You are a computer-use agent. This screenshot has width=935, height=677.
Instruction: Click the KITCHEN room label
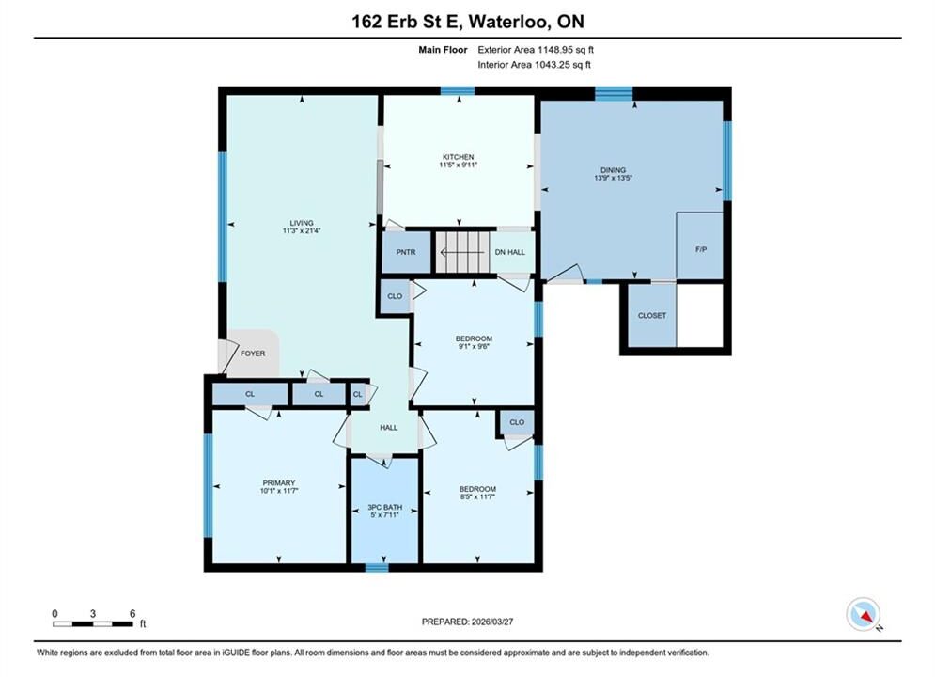click(x=458, y=157)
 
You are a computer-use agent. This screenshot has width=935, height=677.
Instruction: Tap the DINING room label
click(x=613, y=170)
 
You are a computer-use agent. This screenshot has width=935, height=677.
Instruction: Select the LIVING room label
click(x=302, y=223)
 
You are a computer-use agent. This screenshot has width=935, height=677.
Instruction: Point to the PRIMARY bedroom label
click(x=279, y=483)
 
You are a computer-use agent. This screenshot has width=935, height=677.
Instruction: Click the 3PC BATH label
click(x=384, y=508)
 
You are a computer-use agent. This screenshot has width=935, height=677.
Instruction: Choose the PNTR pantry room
click(x=406, y=252)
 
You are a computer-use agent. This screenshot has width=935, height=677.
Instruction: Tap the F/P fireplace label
click(x=701, y=249)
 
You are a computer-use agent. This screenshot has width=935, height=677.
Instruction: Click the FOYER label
click(x=253, y=354)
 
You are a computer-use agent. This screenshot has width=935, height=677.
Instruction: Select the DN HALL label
click(x=510, y=252)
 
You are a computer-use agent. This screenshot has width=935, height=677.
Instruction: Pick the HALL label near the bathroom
click(x=389, y=428)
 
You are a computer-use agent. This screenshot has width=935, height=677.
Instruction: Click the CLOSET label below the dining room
click(x=652, y=316)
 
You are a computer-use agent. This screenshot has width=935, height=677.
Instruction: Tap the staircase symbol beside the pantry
click(x=463, y=252)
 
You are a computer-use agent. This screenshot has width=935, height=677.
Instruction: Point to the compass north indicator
click(x=864, y=614)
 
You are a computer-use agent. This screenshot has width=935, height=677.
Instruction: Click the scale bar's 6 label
click(x=132, y=613)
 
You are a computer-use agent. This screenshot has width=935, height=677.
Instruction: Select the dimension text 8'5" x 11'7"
click(x=477, y=496)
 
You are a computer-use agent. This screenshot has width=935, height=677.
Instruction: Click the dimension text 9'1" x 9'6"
click(x=474, y=346)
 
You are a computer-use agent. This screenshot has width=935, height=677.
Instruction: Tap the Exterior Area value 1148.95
click(x=555, y=50)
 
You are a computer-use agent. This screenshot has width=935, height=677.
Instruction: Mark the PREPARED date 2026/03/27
click(x=492, y=622)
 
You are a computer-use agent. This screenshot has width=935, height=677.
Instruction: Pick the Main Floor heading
click(x=443, y=50)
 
